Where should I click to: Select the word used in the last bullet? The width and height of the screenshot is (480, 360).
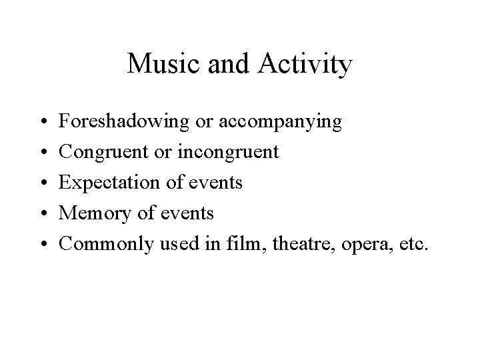[179, 244]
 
